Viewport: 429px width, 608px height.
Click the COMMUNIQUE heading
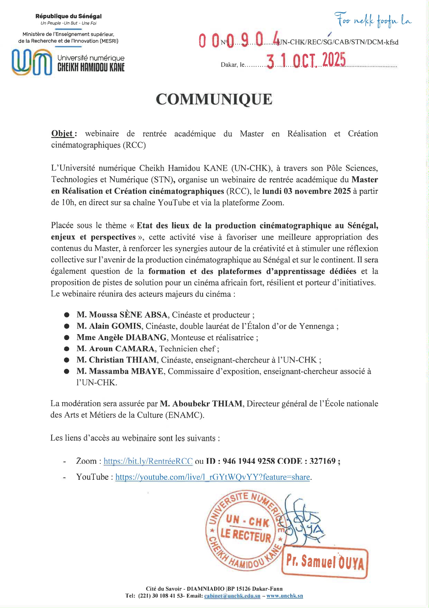click(x=214, y=99)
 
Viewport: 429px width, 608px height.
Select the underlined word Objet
click(x=62, y=134)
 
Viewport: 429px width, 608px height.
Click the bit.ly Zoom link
click(x=148, y=461)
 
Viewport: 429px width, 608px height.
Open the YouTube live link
click(x=212, y=477)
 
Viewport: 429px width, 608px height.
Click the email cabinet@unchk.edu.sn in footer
click(x=232, y=596)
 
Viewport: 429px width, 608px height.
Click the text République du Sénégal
click(x=69, y=16)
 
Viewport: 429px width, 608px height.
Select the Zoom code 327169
click(x=322, y=461)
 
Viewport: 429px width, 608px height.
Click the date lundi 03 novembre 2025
click(x=307, y=191)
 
